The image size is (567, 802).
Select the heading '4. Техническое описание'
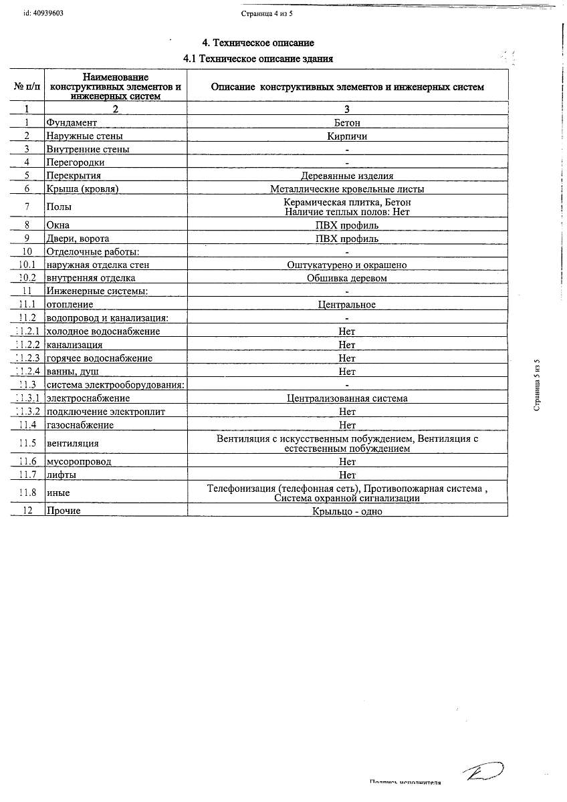point(258,43)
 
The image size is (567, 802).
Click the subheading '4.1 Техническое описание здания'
point(258,59)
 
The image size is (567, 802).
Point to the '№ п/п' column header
point(27,87)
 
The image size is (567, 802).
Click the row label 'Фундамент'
point(72,123)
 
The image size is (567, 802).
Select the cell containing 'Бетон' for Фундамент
point(347,123)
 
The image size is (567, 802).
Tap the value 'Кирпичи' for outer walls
point(347,136)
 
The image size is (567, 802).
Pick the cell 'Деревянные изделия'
point(347,176)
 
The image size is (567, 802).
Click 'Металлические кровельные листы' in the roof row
point(347,189)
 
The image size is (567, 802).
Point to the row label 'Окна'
point(58,225)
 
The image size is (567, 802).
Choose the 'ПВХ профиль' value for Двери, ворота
point(347,239)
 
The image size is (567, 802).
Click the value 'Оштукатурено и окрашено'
point(347,265)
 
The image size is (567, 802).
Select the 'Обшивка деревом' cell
point(347,278)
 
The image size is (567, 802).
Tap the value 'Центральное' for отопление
point(347,305)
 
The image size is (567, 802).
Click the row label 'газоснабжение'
point(80,425)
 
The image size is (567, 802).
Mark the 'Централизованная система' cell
point(347,398)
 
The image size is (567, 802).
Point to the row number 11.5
point(27,443)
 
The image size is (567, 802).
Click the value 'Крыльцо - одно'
point(347,511)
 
